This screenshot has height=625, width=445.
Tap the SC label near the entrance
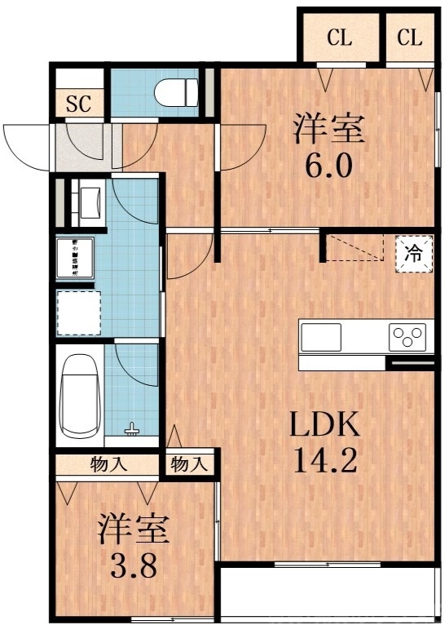[79, 103]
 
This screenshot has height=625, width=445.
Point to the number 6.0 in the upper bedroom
[328, 165]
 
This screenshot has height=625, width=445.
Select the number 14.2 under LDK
[324, 461]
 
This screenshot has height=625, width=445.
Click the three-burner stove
[408, 335]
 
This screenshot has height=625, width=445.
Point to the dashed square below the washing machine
[79, 312]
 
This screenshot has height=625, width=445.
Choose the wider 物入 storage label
[108, 465]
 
